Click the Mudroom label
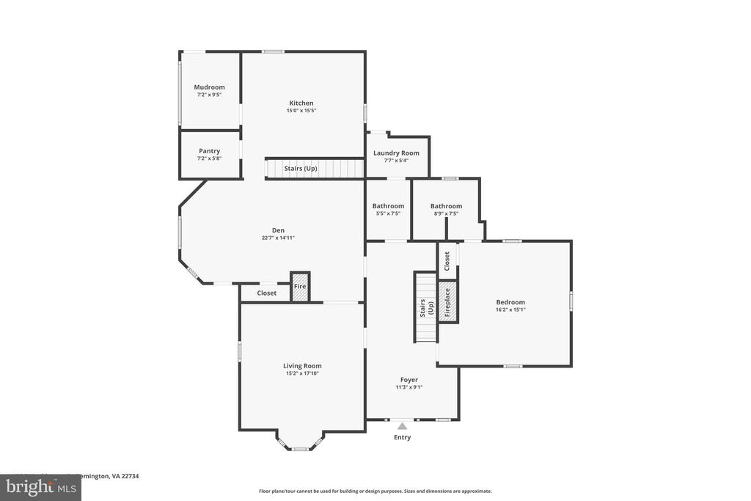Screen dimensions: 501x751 click(x=209, y=87)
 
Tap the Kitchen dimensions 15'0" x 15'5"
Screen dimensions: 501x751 click(x=301, y=111)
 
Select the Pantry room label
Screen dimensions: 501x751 click(x=209, y=151)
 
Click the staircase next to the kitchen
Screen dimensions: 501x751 click(x=314, y=169)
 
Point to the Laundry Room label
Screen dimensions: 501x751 click(x=396, y=153)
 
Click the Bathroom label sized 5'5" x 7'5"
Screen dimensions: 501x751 click(x=388, y=206)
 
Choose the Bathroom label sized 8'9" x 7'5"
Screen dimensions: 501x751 click(x=446, y=206)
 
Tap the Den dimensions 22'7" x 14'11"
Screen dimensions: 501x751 click(x=278, y=238)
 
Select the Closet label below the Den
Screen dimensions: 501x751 click(x=267, y=293)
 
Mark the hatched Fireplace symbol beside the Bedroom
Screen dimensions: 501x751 click(x=447, y=301)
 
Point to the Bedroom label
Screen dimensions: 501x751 click(x=510, y=302)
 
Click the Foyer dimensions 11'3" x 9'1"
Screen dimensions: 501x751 click(x=409, y=387)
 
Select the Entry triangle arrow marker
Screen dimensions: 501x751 click(x=402, y=425)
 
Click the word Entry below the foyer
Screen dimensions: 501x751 click(x=402, y=437)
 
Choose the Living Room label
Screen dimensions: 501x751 click(x=302, y=366)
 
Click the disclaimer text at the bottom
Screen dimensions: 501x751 click(x=375, y=491)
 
